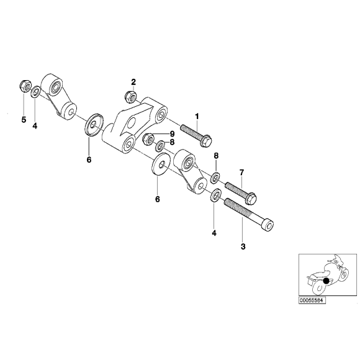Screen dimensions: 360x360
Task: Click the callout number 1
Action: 197,116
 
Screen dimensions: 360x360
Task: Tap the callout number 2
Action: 133,82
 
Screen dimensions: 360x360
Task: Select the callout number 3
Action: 243,246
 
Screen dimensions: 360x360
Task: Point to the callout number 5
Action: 24,120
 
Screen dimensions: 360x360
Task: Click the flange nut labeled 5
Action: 24,84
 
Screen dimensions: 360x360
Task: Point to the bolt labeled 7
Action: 241,190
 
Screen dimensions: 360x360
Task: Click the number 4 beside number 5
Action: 35,126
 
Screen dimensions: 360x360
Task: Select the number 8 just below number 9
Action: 171,142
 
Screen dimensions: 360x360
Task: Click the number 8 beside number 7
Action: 216,156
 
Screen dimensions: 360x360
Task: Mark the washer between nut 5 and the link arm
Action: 36,93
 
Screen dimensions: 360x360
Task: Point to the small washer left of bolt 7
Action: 215,179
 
